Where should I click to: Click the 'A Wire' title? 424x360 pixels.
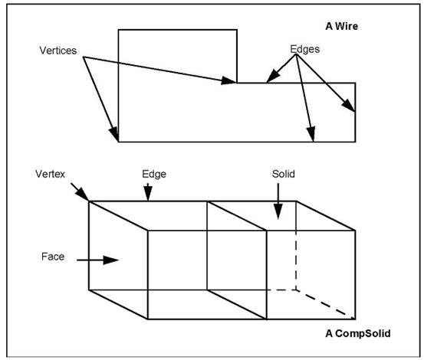coord(341,26)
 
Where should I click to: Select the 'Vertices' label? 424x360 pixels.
coord(58,51)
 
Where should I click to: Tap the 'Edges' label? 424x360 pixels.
coord(304,49)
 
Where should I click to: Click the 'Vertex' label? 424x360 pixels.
coord(50,174)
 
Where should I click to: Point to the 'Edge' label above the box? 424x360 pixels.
coord(154,174)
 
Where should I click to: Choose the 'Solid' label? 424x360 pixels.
coord(284,174)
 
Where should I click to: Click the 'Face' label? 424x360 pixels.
coord(53,257)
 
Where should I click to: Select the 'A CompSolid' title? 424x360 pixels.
coord(358,333)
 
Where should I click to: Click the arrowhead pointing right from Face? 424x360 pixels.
coord(111,260)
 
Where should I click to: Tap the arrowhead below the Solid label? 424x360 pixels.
coord(278,211)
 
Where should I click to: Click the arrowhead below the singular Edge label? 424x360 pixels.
coord(148,193)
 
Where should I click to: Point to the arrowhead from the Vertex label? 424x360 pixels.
coord(83,195)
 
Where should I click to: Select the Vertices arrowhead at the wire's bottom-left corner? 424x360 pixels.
coord(114,134)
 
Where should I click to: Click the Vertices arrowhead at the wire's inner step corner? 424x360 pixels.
coord(228,80)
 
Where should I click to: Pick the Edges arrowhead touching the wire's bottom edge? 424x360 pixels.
coord(311,134)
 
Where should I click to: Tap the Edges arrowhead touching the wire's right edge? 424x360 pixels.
coord(349,106)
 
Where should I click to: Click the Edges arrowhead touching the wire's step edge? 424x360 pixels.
coord(273,75)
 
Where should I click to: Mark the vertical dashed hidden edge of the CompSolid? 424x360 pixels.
coord(296,260)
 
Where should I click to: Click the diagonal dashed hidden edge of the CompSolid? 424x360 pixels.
coord(326,304)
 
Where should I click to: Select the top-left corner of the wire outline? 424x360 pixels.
coord(118,30)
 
